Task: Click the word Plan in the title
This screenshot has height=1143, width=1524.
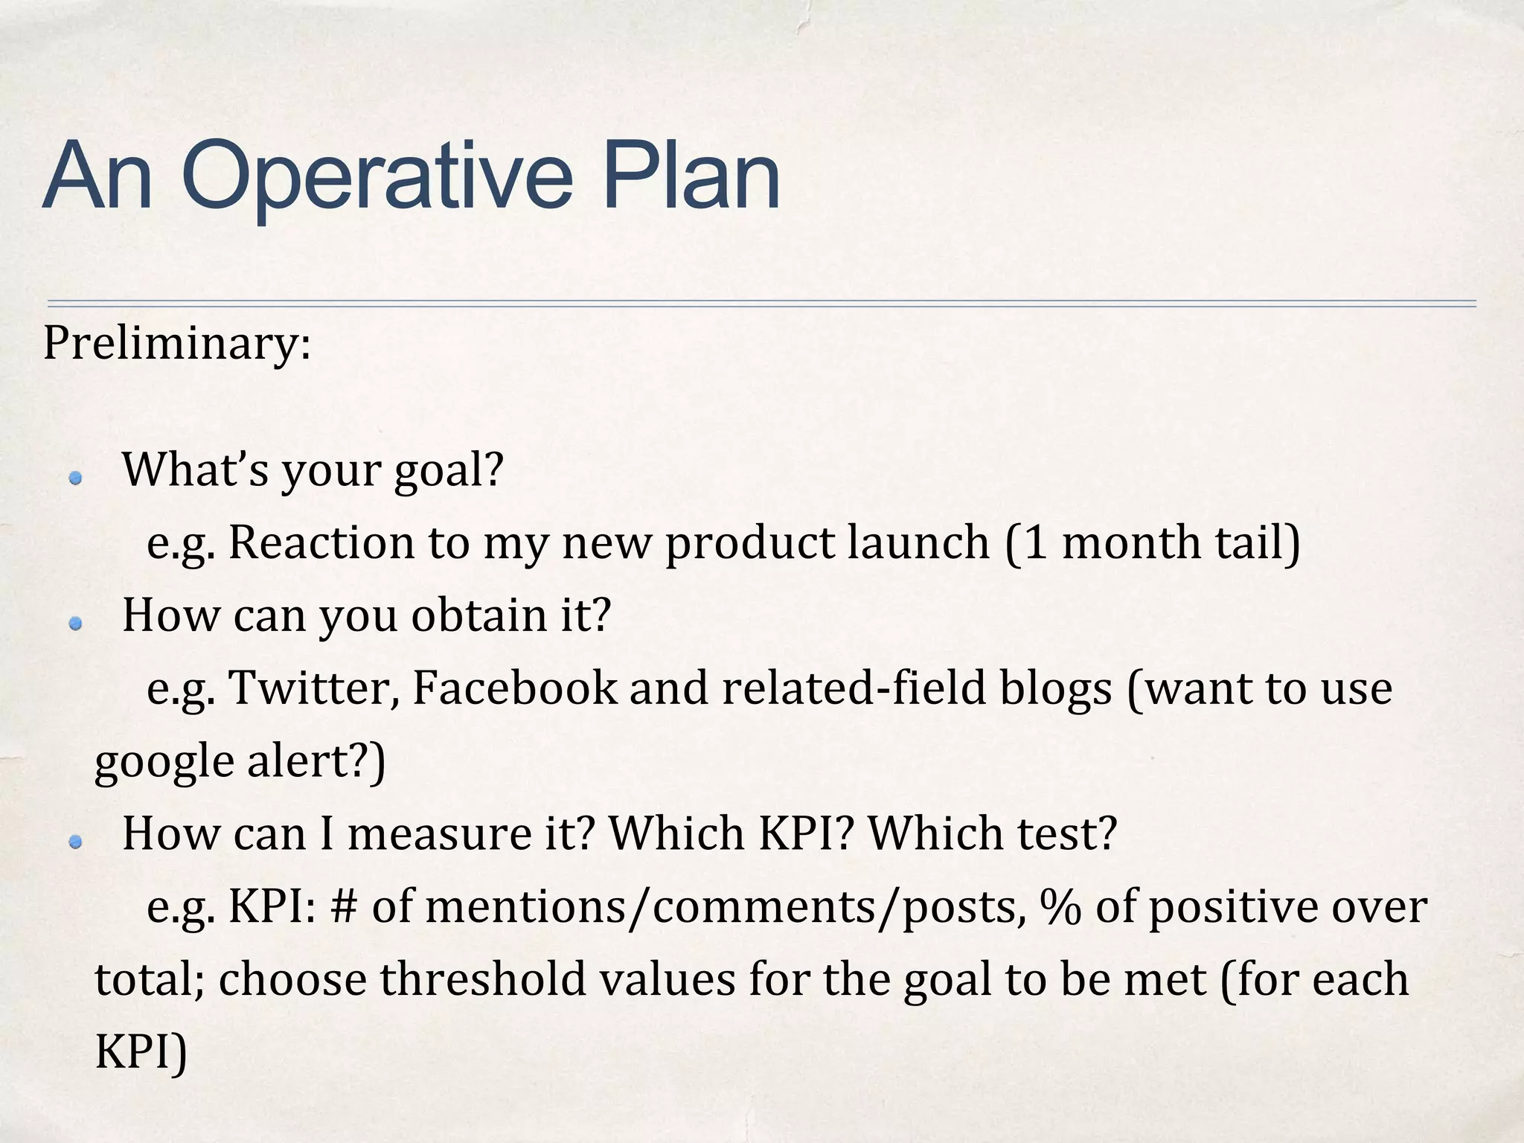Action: [x=691, y=176]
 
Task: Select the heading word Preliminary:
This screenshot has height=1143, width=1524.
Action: [x=177, y=345]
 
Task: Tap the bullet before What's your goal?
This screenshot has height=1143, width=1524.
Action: [x=74, y=478]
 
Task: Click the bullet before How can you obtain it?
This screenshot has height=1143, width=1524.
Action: [x=74, y=624]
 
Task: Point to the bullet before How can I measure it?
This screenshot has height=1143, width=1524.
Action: [x=74, y=842]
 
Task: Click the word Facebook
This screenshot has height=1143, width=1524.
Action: [x=514, y=688]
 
